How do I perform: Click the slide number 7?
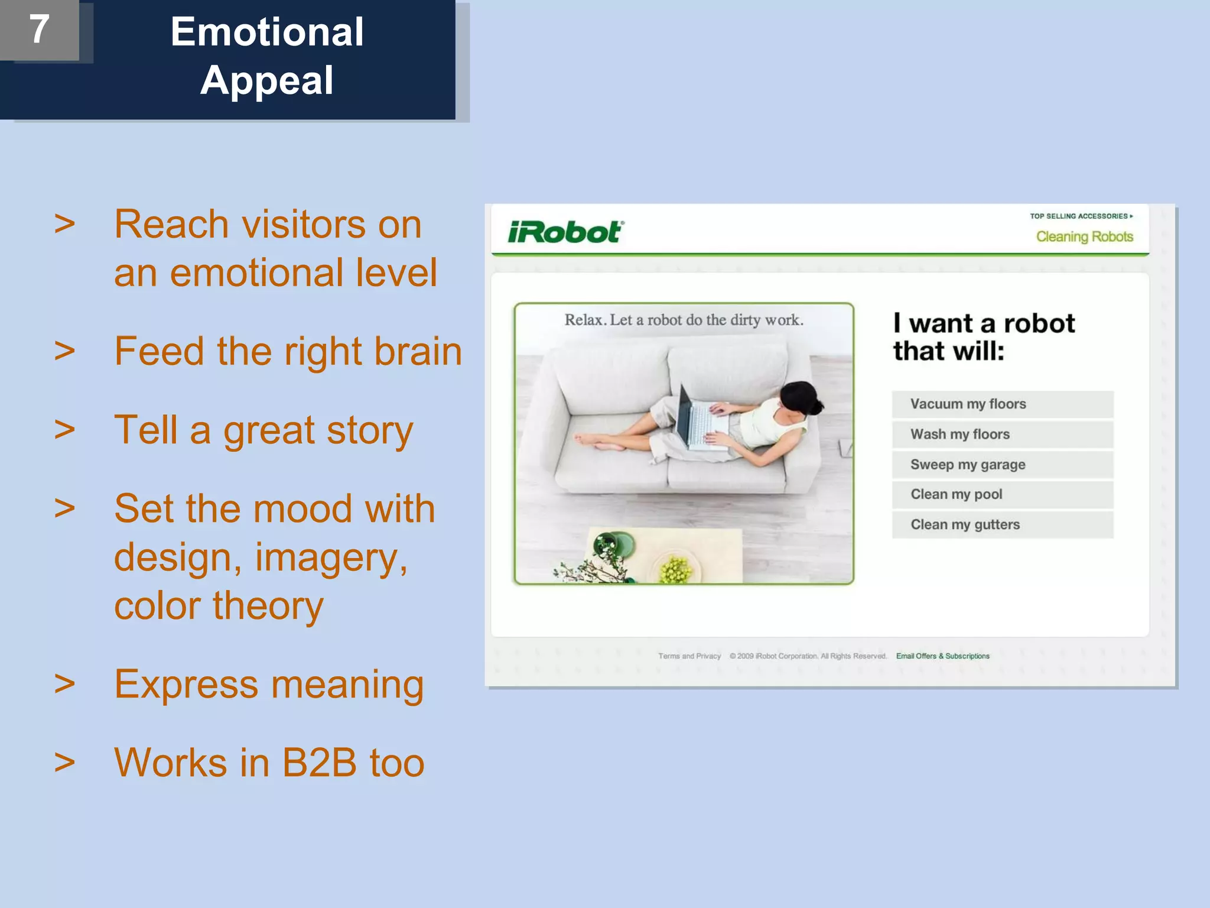click(39, 29)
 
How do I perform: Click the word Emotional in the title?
click(267, 32)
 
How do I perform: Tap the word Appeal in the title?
click(267, 80)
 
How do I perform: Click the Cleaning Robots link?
click(1084, 236)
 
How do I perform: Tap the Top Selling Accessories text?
click(1080, 216)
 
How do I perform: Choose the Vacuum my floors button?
click(1002, 404)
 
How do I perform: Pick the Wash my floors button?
click(1002, 434)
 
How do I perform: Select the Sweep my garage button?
click(1002, 465)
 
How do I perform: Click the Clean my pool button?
click(1002, 495)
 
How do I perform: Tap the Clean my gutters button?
click(1002, 525)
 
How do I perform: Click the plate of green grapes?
click(675, 569)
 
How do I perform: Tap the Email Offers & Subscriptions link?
click(942, 656)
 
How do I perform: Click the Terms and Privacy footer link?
click(689, 656)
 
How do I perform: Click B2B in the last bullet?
click(319, 763)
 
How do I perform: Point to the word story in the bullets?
click(369, 430)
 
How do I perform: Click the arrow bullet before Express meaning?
click(64, 684)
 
